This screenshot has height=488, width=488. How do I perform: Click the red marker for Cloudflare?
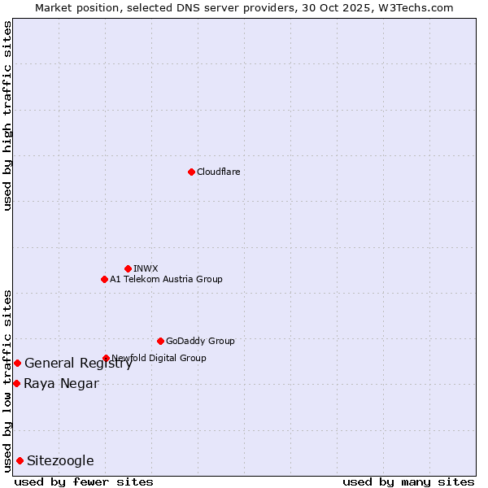tap(191, 172)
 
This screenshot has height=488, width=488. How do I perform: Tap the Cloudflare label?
tap(219, 172)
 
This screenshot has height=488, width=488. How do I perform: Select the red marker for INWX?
tap(128, 268)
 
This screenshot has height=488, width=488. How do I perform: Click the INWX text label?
tap(146, 268)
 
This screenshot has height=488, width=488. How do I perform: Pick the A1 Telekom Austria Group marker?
tap(104, 279)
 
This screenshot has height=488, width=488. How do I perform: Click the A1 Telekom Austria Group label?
tap(166, 279)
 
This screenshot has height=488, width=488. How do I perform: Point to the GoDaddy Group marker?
tap(160, 341)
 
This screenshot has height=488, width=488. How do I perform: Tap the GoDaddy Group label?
tap(200, 341)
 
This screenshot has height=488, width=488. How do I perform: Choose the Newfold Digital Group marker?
tap(106, 358)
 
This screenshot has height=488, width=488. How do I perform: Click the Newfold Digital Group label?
tap(159, 358)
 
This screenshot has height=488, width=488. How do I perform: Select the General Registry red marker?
tap(17, 363)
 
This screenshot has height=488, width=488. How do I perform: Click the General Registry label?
tap(78, 364)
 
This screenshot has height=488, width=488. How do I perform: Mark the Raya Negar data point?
tap(16, 383)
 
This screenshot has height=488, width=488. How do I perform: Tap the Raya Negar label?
tap(61, 384)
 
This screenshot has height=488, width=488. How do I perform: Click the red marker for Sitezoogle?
tap(20, 460)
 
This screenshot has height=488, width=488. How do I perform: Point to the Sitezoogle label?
tap(60, 461)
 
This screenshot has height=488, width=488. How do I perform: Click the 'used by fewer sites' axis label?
tap(84, 481)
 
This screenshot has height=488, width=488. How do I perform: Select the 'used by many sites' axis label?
tap(408, 481)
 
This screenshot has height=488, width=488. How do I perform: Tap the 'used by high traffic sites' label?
tap(7, 115)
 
